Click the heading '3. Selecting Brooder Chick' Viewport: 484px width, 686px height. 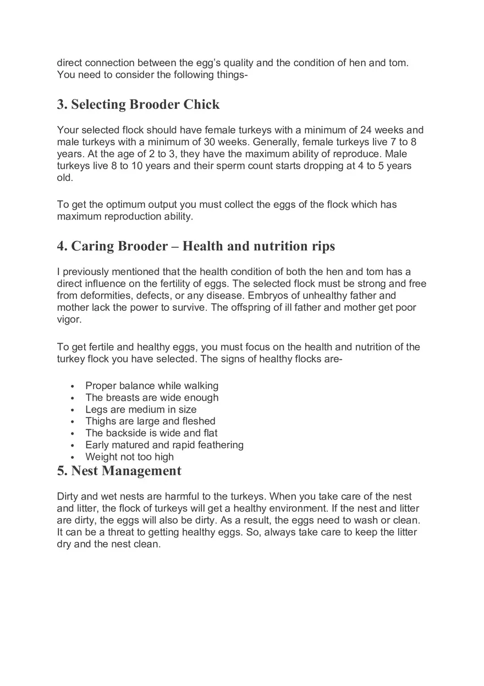point(138,105)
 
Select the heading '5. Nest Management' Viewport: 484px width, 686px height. point(119,471)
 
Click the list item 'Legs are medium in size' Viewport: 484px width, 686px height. point(141,409)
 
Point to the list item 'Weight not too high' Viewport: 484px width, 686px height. point(129,457)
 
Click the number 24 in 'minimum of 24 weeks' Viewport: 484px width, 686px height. point(366,130)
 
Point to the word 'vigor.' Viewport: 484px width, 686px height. point(69,320)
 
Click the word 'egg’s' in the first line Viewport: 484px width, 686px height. point(223,63)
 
